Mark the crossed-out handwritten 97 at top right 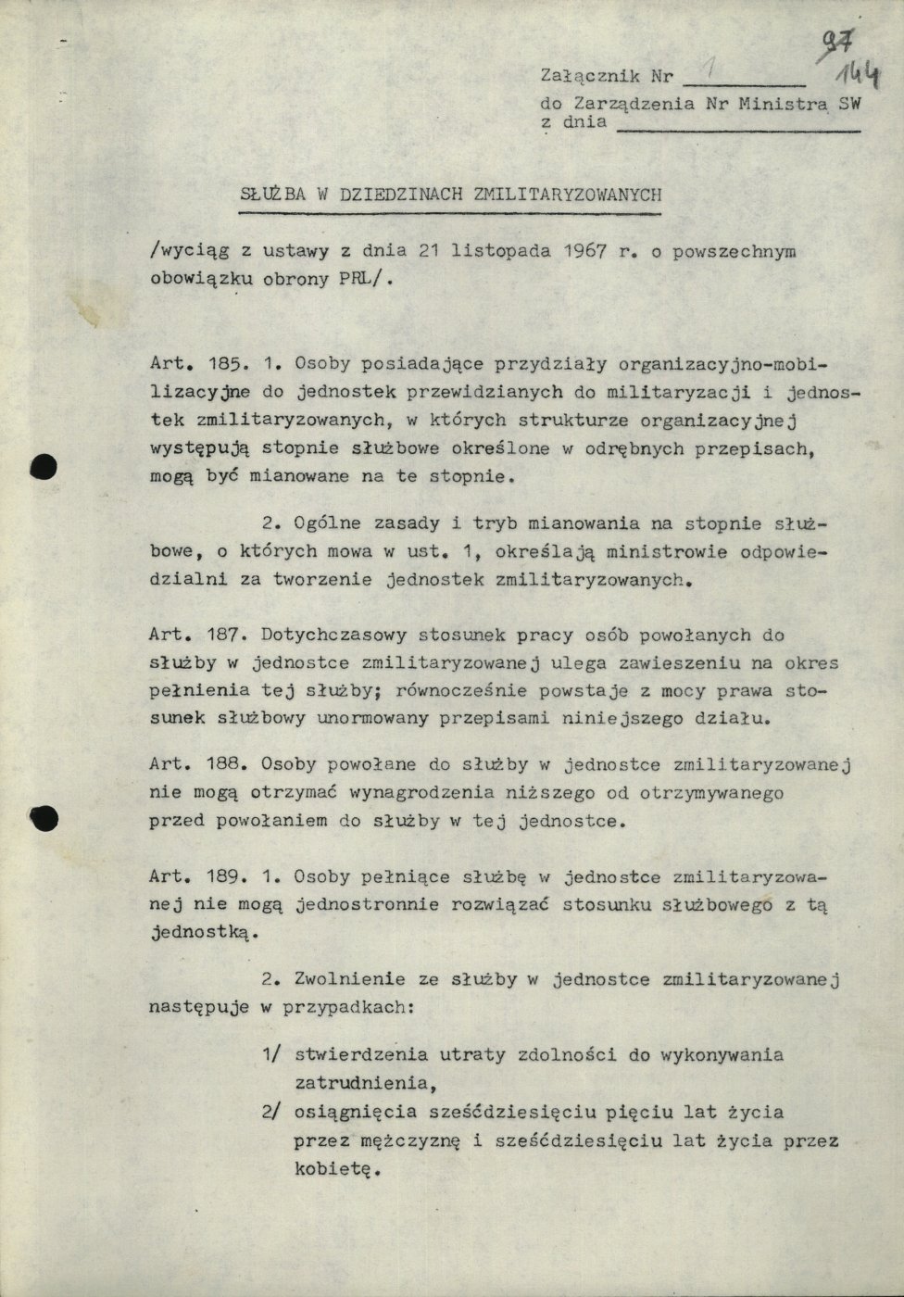point(840,41)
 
